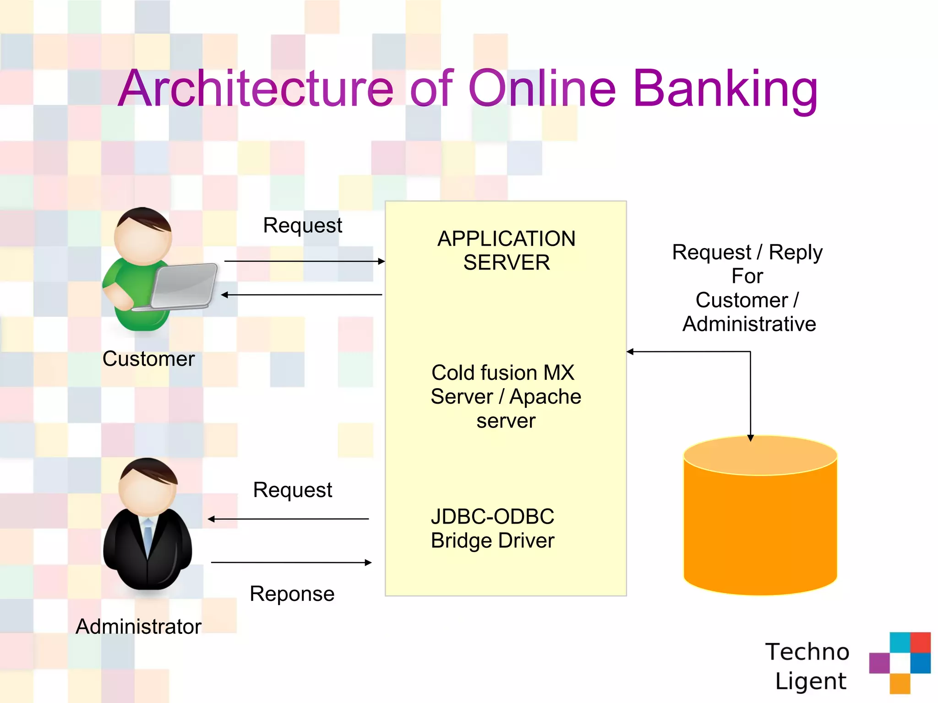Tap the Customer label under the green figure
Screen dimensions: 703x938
pos(148,359)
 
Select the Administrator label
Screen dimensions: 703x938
pos(138,627)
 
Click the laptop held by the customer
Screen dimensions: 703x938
pos(183,286)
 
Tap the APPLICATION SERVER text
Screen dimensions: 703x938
pos(506,250)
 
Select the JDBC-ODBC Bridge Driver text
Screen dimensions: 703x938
pos(492,529)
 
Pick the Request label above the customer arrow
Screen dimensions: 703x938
pos(302,225)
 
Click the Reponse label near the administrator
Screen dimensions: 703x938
pos(292,594)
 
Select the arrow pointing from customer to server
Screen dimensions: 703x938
pos(304,261)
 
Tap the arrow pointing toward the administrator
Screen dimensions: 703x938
pos(288,519)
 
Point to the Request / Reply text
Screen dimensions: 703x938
pos(747,252)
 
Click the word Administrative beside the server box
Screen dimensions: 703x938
pos(749,324)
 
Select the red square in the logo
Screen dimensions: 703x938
pos(920,642)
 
